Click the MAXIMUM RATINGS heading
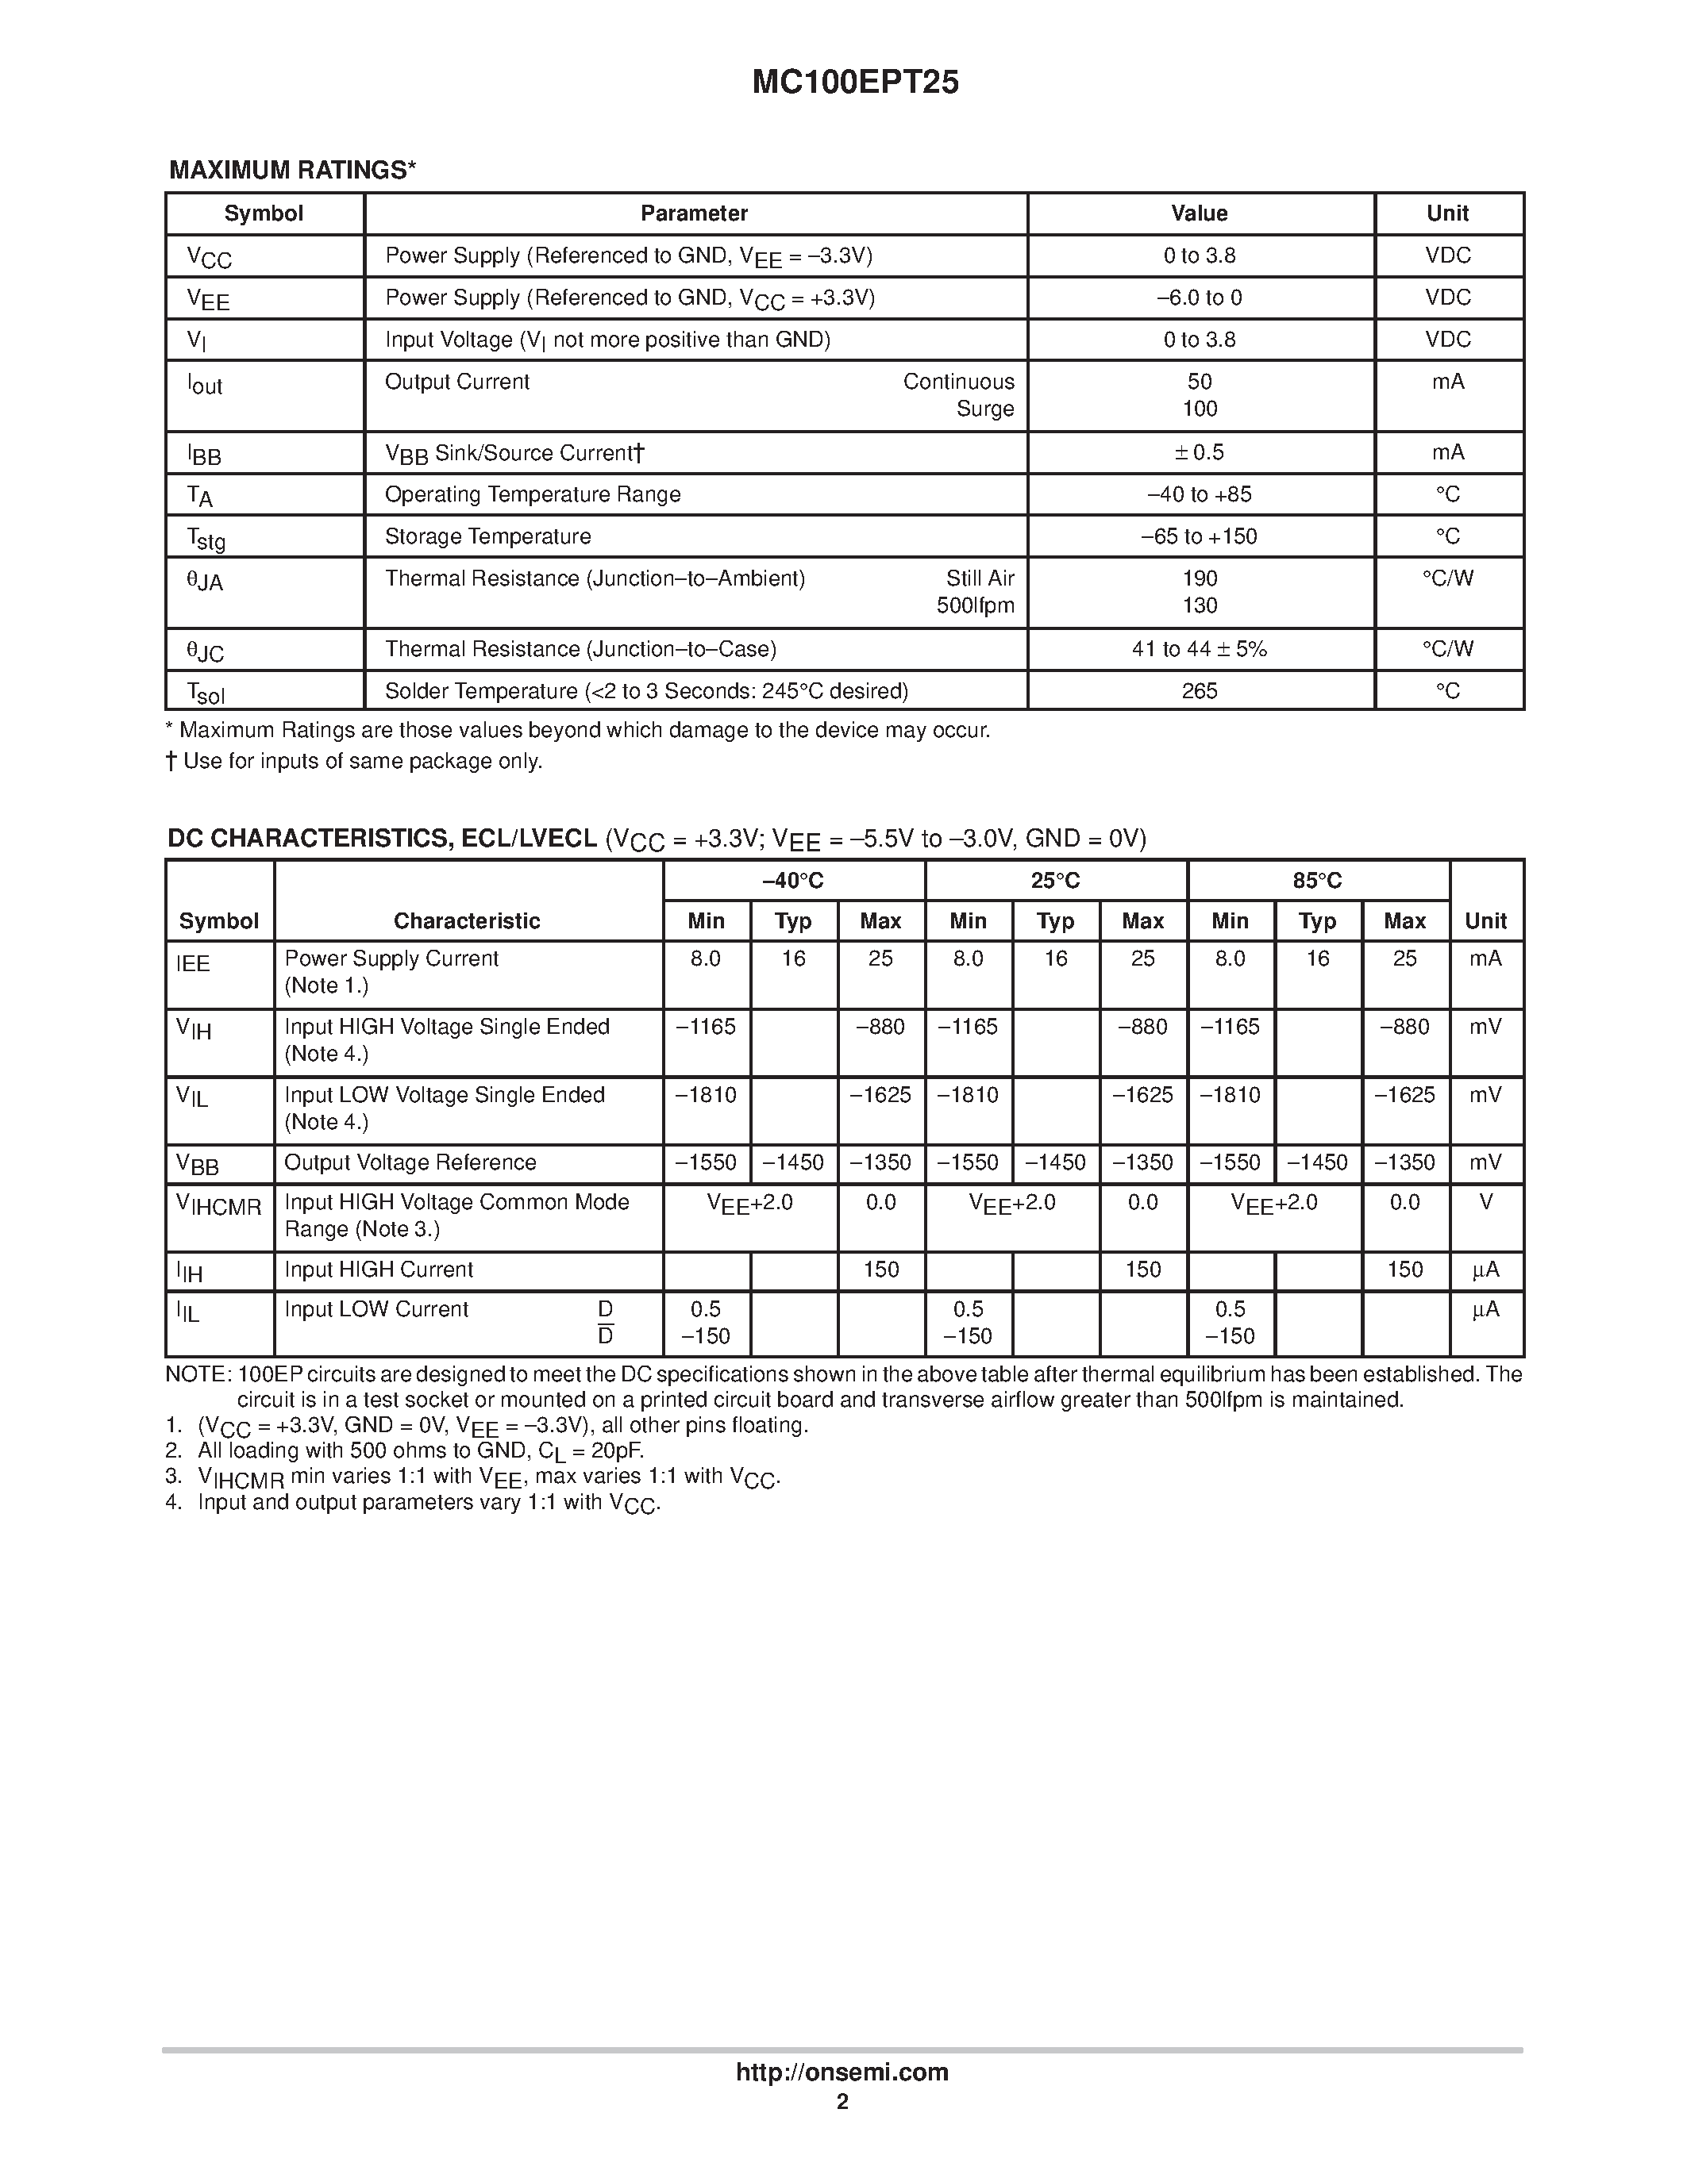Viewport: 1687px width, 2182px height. pos(292,170)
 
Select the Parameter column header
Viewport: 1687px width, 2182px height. pos(694,213)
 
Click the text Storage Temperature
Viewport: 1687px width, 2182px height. pos(487,536)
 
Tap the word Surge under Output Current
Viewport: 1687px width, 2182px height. pos(984,409)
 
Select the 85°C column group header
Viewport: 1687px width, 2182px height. pos(1317,880)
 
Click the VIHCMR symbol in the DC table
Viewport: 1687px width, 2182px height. pos(218,1206)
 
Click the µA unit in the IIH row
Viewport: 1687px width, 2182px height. pos(1485,1270)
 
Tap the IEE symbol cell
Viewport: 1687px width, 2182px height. pos(193,963)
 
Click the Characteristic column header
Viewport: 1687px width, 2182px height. pos(466,921)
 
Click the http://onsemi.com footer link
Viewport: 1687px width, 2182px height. pos(842,2072)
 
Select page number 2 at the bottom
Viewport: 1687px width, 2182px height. pos(842,2102)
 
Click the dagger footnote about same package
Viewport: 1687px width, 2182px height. pos(354,761)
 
